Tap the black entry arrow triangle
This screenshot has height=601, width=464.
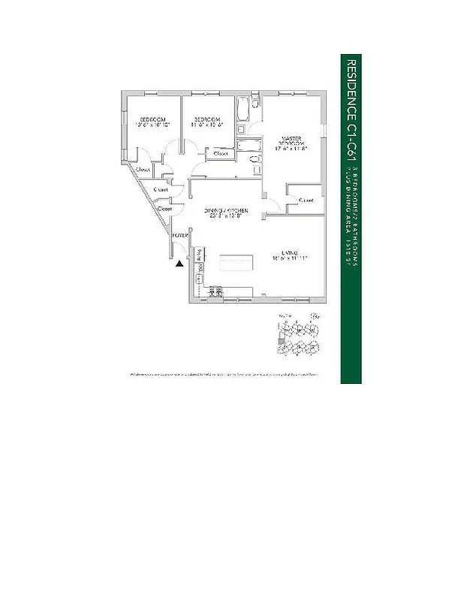coord(179,263)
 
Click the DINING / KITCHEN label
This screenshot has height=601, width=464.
coord(227,212)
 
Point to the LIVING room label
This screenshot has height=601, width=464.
coord(291,252)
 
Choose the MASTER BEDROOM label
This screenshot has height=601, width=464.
coord(291,141)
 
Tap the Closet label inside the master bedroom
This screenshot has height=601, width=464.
coord(306,201)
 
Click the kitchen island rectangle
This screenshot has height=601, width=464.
coord(238,260)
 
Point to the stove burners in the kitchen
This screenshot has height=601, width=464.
coord(215,291)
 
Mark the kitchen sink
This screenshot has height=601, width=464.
coord(200,279)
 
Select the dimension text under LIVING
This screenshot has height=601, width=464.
coord(291,258)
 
